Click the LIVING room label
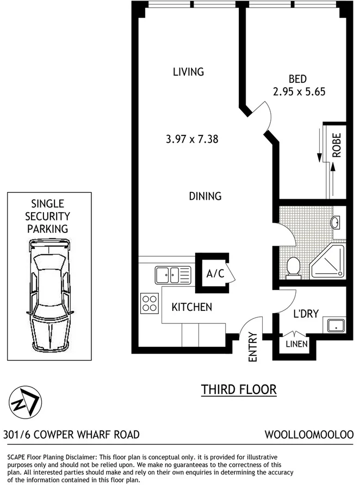point(188,71)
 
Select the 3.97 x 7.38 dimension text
point(192,139)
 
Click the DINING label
point(205,196)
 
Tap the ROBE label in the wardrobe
point(337,145)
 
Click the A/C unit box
point(214,274)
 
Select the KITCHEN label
point(191,307)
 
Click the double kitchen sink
point(172,274)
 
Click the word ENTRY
point(252,347)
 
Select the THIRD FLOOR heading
point(239,390)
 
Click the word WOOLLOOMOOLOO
point(309,434)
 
